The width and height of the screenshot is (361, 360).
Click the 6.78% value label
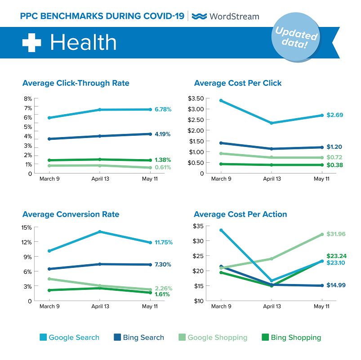point(162,109)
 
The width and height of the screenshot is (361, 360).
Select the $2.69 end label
point(335,115)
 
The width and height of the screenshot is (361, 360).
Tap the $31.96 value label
point(337,234)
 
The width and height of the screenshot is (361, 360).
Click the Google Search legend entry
point(70,338)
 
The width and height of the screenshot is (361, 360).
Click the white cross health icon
point(31,42)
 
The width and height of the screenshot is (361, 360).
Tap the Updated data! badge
point(296,38)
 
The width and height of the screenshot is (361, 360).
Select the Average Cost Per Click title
point(238,83)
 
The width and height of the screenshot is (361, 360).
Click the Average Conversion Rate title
point(71,214)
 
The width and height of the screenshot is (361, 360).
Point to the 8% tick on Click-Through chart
point(28,99)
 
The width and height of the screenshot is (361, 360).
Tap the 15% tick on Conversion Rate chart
point(26,227)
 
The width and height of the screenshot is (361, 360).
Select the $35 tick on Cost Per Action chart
point(200,226)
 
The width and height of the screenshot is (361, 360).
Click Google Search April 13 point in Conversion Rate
point(99,231)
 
